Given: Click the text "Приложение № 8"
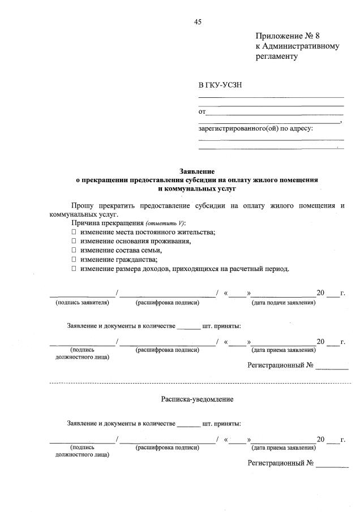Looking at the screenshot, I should coord(288,36).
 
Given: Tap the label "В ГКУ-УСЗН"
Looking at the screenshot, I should coord(220,85).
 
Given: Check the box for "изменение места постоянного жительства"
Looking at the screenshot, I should coord(74,233).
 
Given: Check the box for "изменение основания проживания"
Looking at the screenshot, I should coord(74,242).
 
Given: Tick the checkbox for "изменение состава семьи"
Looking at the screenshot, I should coord(74,251).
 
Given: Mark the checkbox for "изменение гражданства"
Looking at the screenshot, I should coord(74,260).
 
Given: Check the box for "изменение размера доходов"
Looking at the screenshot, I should coord(74,269).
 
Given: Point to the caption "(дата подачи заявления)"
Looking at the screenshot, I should coord(283,303).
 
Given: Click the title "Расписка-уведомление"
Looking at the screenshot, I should coord(197,399).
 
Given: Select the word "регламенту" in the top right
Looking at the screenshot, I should coord(276,57).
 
